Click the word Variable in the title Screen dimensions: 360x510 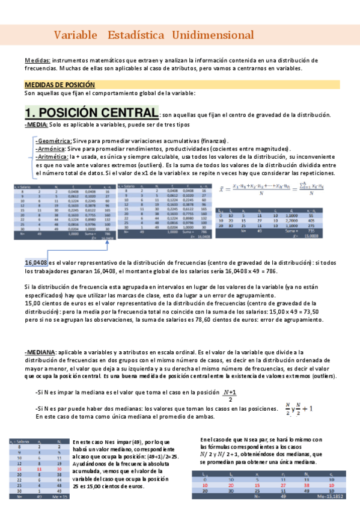(x=75, y=35)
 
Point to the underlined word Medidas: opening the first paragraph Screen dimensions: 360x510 (x=38, y=61)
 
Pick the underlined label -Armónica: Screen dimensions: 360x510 (x=51, y=148)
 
